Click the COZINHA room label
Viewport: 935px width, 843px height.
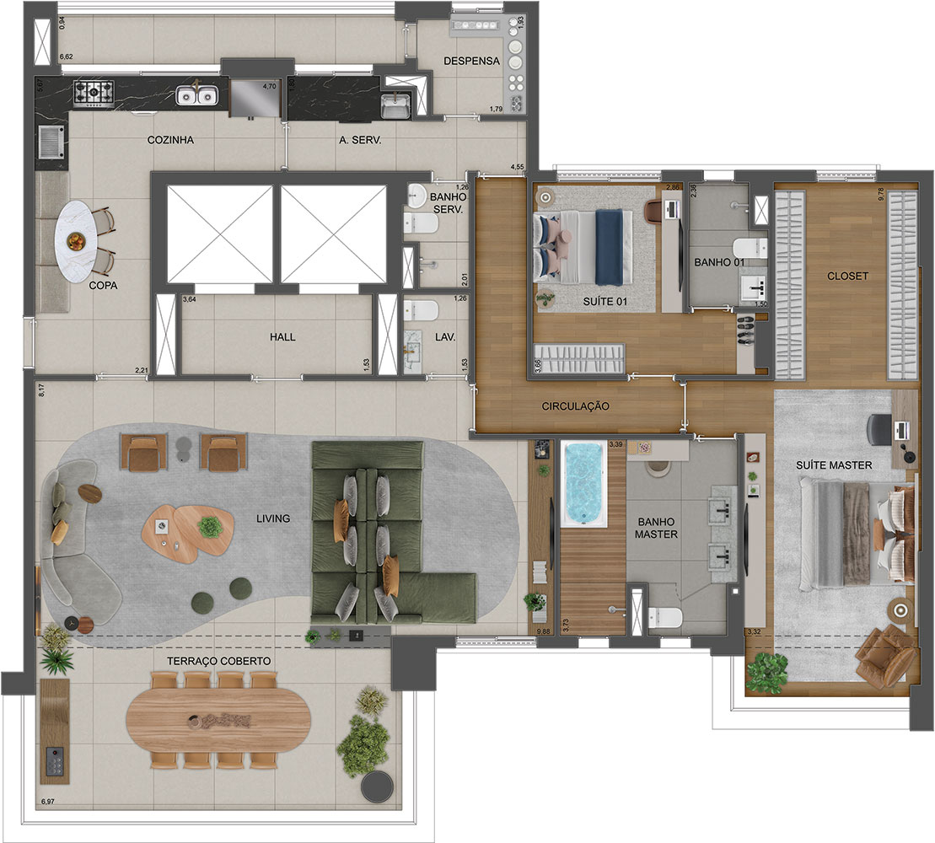[169, 141]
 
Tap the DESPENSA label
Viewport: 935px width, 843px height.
[472, 61]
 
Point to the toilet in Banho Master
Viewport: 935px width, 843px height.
[665, 618]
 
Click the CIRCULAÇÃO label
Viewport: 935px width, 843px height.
[576, 405]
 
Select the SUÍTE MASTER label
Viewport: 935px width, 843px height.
[833, 464]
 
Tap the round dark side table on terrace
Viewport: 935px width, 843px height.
[376, 787]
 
